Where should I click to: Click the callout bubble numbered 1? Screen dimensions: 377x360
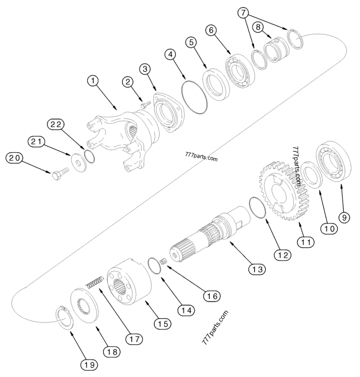coord(92,82)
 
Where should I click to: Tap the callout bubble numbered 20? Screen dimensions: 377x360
coord(13,159)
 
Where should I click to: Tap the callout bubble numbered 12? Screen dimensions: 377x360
coord(283,255)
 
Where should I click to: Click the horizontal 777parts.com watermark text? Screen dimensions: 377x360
coord(201,159)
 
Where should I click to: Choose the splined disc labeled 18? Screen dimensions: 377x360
coord(86,308)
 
